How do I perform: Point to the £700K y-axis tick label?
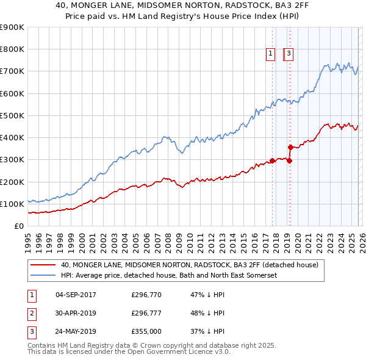point(12,71)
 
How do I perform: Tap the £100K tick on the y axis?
point(12,204)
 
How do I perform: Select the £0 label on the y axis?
point(18,226)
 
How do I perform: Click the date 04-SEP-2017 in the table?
point(76,295)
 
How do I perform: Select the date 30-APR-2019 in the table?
point(76,314)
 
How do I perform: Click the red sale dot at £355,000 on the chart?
point(291,147)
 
